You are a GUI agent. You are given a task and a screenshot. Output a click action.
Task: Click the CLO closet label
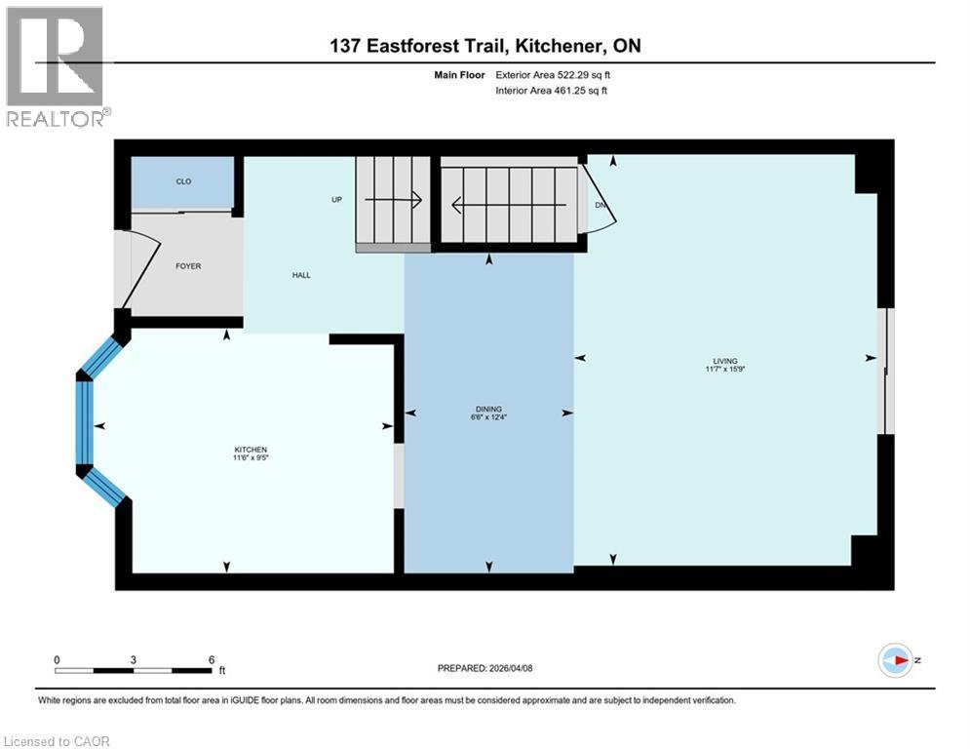tap(182, 181)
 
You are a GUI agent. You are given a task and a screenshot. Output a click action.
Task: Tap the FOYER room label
tap(188, 266)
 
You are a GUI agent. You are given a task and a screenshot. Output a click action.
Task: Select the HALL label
tap(301, 276)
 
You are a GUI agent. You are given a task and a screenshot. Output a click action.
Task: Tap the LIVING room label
tap(724, 361)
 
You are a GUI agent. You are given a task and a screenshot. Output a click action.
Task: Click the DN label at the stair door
tap(601, 205)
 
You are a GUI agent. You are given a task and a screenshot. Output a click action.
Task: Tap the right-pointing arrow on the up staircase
tap(393, 200)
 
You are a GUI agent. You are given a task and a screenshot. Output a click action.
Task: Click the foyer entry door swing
tap(136, 269)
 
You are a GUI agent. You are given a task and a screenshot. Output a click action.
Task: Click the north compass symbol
tap(895, 660)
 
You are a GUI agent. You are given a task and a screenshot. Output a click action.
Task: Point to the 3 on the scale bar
tap(133, 659)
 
